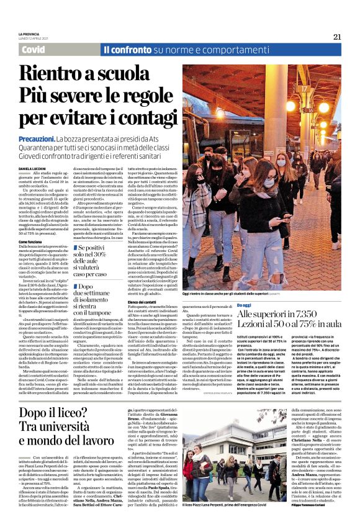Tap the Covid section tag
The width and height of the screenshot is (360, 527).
pyautogui.click(x=33, y=49)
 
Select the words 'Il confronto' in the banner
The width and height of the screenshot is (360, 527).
pyautogui.click(x=127, y=49)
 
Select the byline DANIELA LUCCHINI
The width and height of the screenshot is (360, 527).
pyautogui.click(x=35, y=169)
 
